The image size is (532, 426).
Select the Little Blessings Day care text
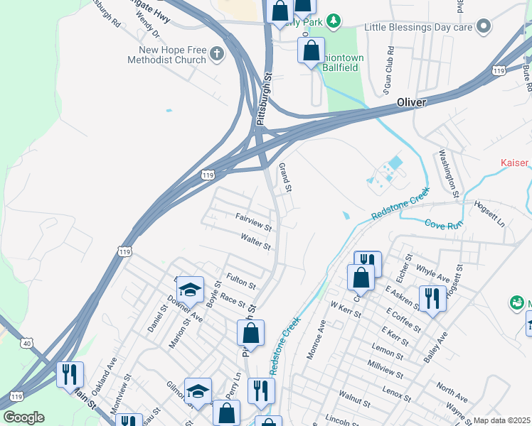418,27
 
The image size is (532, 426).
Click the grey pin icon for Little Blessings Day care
484,27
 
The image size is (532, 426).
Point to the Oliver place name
411,103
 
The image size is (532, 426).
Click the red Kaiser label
515,163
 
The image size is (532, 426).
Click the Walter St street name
256,242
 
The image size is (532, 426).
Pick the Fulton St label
240,280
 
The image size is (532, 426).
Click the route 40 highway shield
27,343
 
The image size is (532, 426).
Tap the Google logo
23,417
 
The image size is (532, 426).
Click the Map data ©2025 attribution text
501,420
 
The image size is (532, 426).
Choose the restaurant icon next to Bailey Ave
432,297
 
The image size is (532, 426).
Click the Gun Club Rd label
389,71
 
